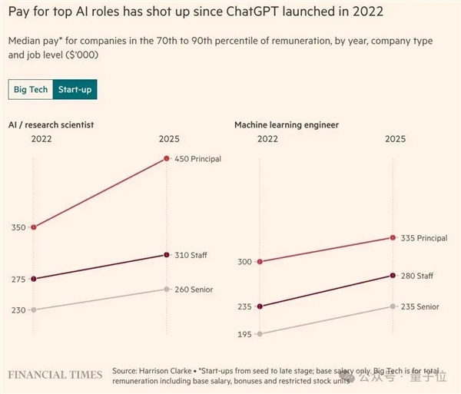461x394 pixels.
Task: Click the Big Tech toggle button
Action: point(32,90)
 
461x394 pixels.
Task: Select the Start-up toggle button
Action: point(75,90)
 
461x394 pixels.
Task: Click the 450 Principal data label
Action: point(198,159)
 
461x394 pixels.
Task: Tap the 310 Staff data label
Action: point(192,255)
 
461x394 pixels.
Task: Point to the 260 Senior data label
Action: point(194,290)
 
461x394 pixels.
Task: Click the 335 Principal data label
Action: point(423,238)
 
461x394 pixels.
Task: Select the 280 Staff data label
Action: point(417,276)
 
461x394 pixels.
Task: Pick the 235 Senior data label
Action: point(420,306)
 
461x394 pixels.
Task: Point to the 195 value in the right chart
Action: point(244,334)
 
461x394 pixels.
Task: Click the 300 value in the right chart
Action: point(244,262)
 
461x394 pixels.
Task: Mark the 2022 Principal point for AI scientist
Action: point(33,227)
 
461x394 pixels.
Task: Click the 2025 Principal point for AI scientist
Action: point(167,159)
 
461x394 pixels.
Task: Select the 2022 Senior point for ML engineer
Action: point(260,334)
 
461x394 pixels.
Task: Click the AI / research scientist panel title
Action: point(51,124)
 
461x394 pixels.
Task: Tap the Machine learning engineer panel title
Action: point(286,124)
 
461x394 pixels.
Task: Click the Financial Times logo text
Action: point(55,375)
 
